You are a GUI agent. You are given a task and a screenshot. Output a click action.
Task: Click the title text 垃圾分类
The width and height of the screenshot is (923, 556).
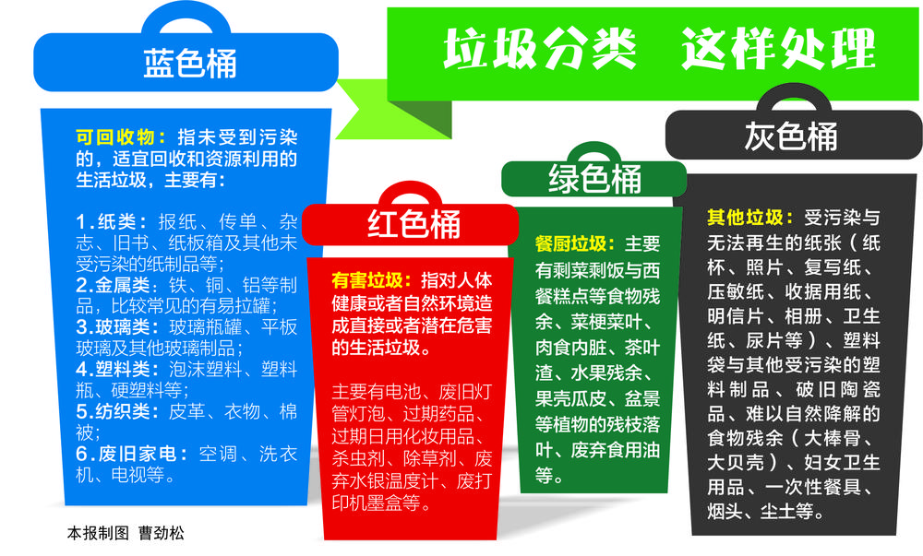point(540,49)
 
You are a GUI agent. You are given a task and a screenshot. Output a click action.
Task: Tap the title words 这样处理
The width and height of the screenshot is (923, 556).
point(778,49)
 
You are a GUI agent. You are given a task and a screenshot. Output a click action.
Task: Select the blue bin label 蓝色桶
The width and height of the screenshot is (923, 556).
point(190,64)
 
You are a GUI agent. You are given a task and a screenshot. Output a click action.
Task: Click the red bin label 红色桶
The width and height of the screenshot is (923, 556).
point(414,224)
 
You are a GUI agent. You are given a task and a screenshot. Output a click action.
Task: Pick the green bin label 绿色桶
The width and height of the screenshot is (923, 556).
point(594,179)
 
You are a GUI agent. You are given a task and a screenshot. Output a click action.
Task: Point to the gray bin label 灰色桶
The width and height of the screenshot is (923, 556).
point(791,136)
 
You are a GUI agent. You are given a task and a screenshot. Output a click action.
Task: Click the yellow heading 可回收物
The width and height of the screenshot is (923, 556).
point(115,137)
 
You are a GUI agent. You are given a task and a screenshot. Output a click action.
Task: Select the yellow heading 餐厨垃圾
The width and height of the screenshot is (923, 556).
point(571,244)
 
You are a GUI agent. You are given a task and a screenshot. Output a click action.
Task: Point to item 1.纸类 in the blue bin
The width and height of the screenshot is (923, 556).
point(112,222)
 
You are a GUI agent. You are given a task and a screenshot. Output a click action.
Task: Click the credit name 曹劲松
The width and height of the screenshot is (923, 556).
point(162,533)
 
